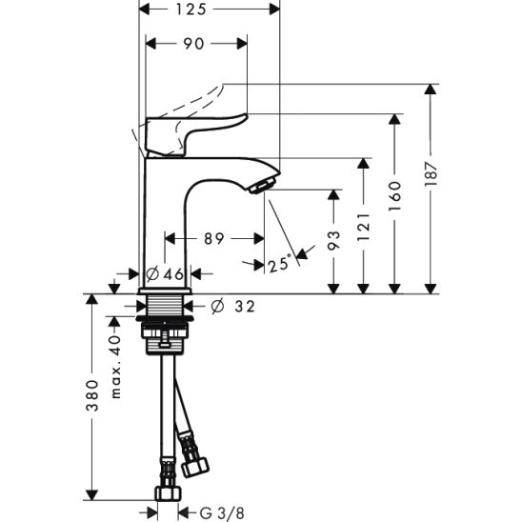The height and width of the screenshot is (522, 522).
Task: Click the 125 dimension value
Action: pyautogui.click(x=191, y=10)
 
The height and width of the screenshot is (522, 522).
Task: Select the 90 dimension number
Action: pyautogui.click(x=193, y=44)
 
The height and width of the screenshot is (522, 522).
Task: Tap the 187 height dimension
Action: pyautogui.click(x=431, y=174)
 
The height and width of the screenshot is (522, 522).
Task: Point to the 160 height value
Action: pyautogui.click(x=394, y=196)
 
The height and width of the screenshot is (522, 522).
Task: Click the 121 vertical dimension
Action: pyautogui.click(x=364, y=227)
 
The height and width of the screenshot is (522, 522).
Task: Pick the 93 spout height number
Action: pyautogui.click(x=333, y=240)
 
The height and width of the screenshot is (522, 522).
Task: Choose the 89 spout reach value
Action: pyautogui.click(x=213, y=239)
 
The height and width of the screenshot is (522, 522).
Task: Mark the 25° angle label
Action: pyautogui.click(x=280, y=264)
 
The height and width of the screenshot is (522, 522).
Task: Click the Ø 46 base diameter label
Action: pyautogui.click(x=165, y=274)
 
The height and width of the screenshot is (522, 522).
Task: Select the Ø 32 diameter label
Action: pyautogui.click(x=233, y=307)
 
